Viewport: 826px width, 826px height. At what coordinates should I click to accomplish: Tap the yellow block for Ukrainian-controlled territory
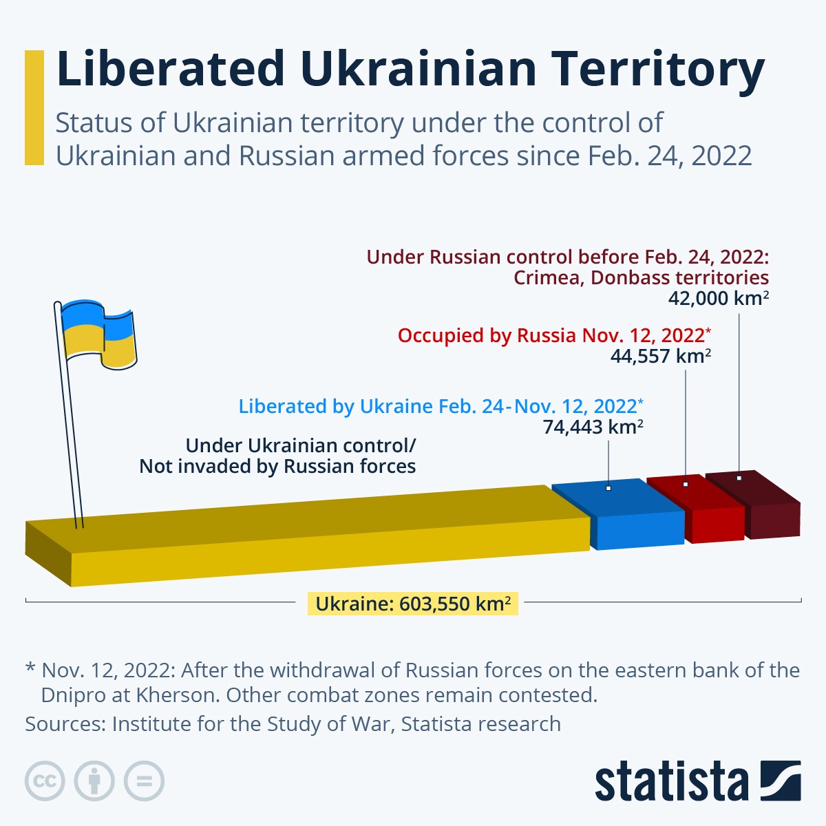pos(310,537)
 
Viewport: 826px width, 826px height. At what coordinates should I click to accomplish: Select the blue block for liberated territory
pos(619,516)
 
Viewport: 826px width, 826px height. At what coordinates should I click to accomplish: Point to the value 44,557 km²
pos(660,356)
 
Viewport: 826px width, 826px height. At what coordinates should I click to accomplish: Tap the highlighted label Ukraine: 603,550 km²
pos(412,604)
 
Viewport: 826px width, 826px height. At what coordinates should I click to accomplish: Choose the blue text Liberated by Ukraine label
pos(441,406)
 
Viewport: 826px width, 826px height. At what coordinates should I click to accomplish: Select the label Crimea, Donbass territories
pos(641,277)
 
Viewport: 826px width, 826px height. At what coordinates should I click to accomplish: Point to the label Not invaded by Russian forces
pos(277,466)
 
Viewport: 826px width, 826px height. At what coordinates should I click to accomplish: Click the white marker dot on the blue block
pos(608,488)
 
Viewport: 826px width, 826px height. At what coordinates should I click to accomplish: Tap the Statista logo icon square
pos(781,781)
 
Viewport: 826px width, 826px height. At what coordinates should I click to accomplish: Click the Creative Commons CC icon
pos(45,781)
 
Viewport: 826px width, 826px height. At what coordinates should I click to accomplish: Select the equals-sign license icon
pos(144,781)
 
